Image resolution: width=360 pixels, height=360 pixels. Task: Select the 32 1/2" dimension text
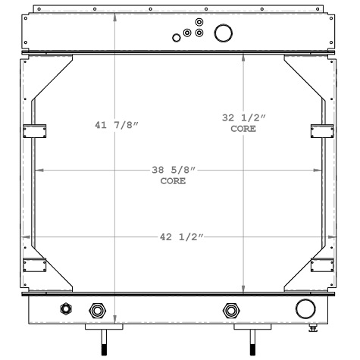pyautogui.click(x=243, y=117)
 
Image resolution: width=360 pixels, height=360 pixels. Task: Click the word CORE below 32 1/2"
pyautogui.click(x=243, y=129)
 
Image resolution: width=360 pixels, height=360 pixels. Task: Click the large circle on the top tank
pyautogui.click(x=224, y=33)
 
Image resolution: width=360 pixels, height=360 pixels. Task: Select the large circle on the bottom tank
pyautogui.click(x=305, y=308)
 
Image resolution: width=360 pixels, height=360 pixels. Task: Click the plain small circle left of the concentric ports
pyautogui.click(x=175, y=36)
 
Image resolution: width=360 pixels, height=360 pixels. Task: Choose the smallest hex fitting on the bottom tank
pyautogui.click(x=64, y=308)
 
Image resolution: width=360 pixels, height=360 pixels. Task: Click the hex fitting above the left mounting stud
pyautogui.click(x=97, y=310)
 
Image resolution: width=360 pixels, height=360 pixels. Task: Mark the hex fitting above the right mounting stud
pyautogui.click(x=230, y=310)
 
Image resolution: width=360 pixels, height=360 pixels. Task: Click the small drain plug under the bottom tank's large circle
pyautogui.click(x=313, y=327)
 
